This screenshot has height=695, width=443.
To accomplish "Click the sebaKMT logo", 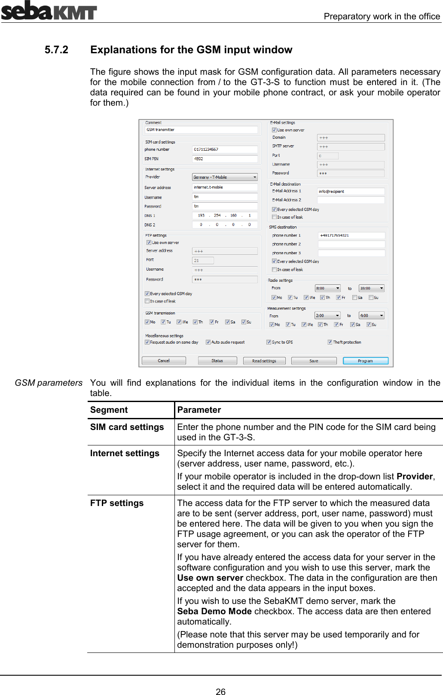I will pos(49,11).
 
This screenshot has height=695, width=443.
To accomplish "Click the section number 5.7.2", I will pos(56,50).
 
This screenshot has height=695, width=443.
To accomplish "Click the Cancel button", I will pos(164,361).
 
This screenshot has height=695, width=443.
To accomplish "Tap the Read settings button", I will pos(264,361).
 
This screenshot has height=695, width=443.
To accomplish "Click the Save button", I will pos(314,361).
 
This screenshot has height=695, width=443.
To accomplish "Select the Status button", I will pos(217,361).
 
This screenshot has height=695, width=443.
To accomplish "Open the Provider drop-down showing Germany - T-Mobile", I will pos(224,177).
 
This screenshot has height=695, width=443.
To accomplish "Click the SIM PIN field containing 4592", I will pos(224,159).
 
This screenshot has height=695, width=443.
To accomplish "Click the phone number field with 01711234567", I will pos(224,149).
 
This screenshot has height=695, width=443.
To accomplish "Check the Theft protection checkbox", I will pos(330,342).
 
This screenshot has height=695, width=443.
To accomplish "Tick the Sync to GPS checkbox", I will pos(269,342).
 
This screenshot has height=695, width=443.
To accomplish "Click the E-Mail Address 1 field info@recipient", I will pos(350,192).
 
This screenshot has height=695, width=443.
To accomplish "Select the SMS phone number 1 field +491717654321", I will pos(351,235).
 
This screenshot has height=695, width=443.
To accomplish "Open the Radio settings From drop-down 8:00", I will pos(328,288).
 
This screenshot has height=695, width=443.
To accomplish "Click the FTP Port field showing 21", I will pos(202,260).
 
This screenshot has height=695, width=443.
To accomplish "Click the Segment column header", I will pos(109,410).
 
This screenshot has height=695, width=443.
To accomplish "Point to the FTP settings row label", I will pos(117,503).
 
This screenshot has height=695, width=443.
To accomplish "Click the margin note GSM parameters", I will pos(49,383).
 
